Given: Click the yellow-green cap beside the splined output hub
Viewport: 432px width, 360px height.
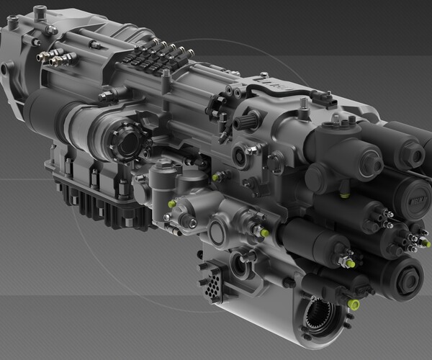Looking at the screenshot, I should [354, 305].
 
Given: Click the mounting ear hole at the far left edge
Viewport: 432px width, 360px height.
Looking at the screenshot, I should [6, 68].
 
